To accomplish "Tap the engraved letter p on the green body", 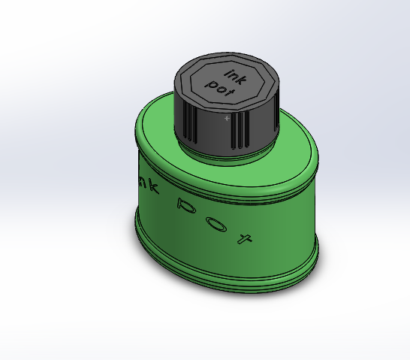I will click(x=182, y=204).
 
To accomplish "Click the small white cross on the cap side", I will click(x=227, y=118).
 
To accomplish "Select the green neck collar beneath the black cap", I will click(x=225, y=153).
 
